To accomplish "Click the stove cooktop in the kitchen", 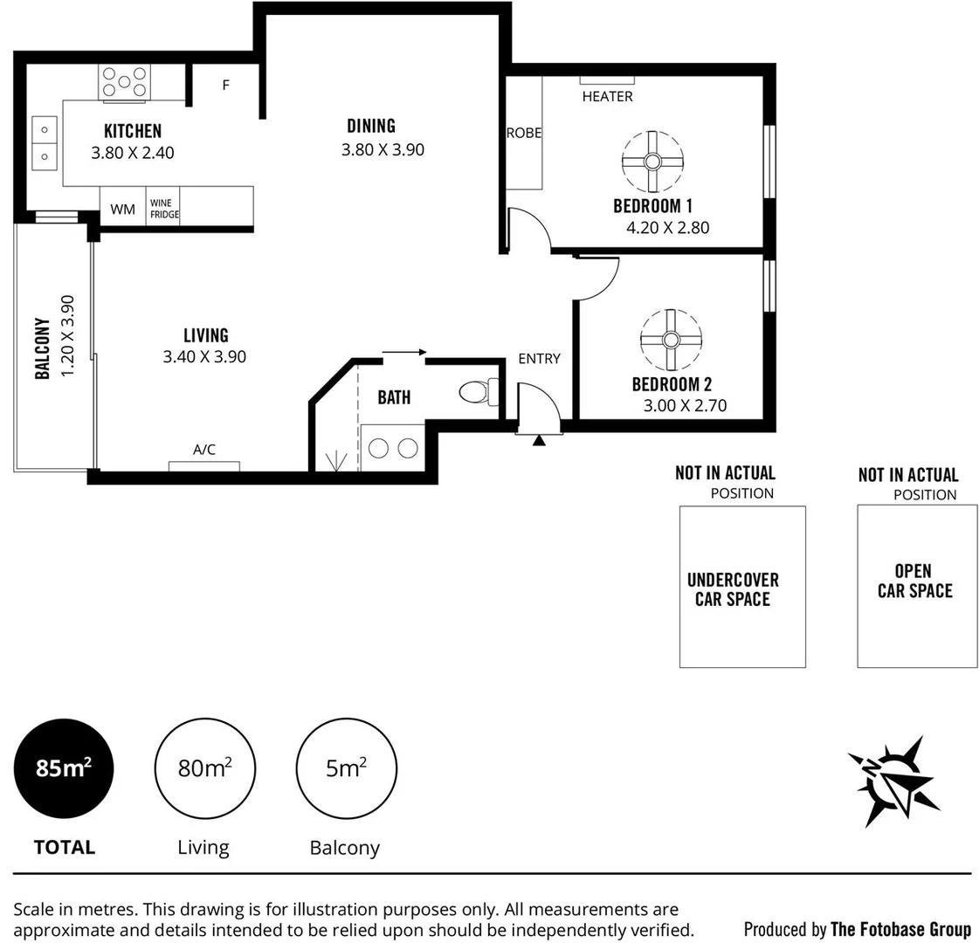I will (124, 83).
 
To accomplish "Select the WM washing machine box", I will (123, 209).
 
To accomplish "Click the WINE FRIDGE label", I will (163, 209).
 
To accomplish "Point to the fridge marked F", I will (225, 86).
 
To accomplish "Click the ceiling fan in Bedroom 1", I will (652, 162).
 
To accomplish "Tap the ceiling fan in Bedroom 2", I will (671, 340).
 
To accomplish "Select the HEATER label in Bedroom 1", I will (607, 96).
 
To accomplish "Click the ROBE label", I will (524, 133).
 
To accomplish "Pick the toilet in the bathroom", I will (478, 392).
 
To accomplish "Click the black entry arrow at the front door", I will (539, 440).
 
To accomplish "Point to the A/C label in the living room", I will (204, 450).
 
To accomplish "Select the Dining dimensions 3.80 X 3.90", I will (383, 149).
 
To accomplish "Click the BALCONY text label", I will (42, 348).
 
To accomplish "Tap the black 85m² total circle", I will (64, 768).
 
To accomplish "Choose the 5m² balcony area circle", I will (346, 768).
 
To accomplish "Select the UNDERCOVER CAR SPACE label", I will (733, 589).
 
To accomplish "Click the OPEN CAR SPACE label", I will (914, 581).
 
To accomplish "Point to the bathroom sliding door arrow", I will (403, 353).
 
